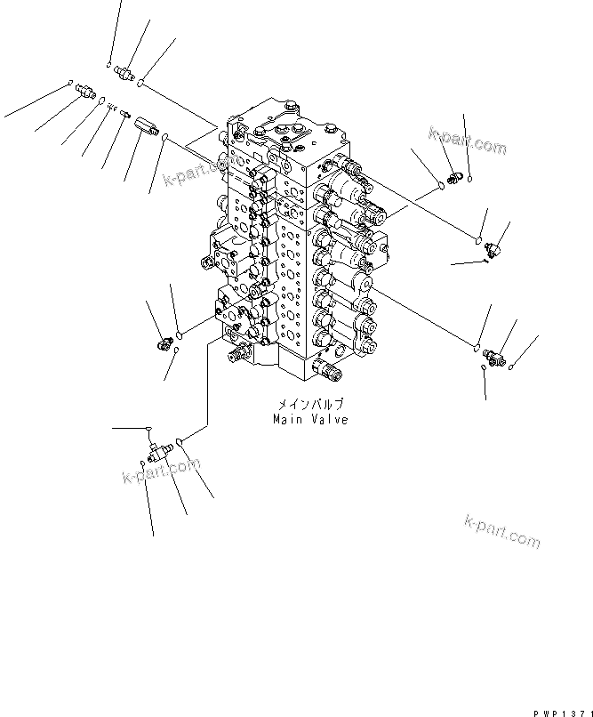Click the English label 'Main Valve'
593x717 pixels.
pos(310,420)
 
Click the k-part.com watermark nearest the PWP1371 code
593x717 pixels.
pos(502,531)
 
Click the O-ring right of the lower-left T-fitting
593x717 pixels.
pos(180,440)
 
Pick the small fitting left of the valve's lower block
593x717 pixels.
pos(163,342)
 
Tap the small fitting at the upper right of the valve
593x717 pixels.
pos(453,181)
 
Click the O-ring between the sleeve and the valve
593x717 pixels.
pos(166,135)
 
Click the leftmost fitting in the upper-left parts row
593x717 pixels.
pos(85,90)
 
